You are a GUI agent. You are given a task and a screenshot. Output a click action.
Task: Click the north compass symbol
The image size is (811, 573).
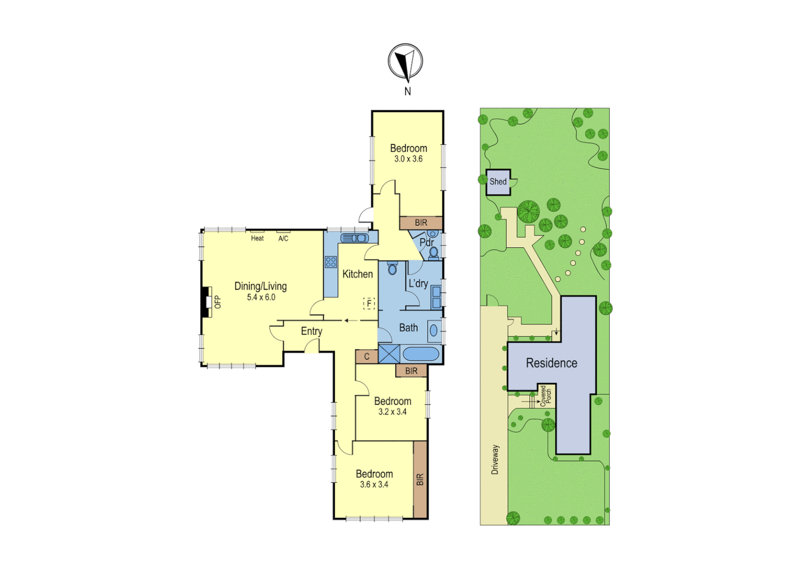(x=405, y=62)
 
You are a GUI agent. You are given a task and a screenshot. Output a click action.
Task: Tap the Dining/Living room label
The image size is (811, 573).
(x=261, y=286)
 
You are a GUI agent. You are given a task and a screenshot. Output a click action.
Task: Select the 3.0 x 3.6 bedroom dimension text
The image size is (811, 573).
(x=408, y=159)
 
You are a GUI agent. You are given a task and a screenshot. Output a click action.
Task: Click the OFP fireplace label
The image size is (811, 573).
(x=217, y=302)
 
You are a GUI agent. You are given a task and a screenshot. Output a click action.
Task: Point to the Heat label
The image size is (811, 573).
(x=257, y=239)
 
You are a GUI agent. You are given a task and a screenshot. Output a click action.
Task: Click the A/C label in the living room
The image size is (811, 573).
(x=283, y=239)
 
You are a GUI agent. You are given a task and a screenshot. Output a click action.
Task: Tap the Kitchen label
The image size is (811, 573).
(x=357, y=274)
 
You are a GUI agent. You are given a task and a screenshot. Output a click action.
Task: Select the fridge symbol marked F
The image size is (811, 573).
(x=369, y=303)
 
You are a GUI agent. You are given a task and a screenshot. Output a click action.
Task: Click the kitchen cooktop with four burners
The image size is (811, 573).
(x=331, y=262)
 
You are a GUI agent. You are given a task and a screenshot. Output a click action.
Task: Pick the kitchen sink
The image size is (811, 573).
(x=354, y=238)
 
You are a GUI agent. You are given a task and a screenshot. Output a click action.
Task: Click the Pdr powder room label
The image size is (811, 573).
(x=426, y=242)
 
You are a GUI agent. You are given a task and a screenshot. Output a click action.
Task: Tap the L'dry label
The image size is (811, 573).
(x=418, y=283)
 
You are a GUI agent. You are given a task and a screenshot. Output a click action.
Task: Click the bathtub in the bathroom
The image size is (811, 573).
(x=421, y=354)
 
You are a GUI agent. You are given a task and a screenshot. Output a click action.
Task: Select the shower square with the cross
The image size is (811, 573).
(x=389, y=354)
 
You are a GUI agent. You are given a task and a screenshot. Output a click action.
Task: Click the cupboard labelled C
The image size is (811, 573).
(x=366, y=357)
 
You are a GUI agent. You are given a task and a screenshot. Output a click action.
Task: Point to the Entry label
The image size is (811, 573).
(x=312, y=332)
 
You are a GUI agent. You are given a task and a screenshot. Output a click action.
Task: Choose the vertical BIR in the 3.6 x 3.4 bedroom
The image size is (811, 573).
(x=420, y=480)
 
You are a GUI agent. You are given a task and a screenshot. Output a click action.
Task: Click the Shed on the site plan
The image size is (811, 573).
(x=498, y=182)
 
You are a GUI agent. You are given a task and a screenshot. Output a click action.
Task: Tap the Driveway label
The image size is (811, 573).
(x=495, y=459)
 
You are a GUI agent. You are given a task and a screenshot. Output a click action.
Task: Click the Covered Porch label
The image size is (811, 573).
(x=546, y=395)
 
